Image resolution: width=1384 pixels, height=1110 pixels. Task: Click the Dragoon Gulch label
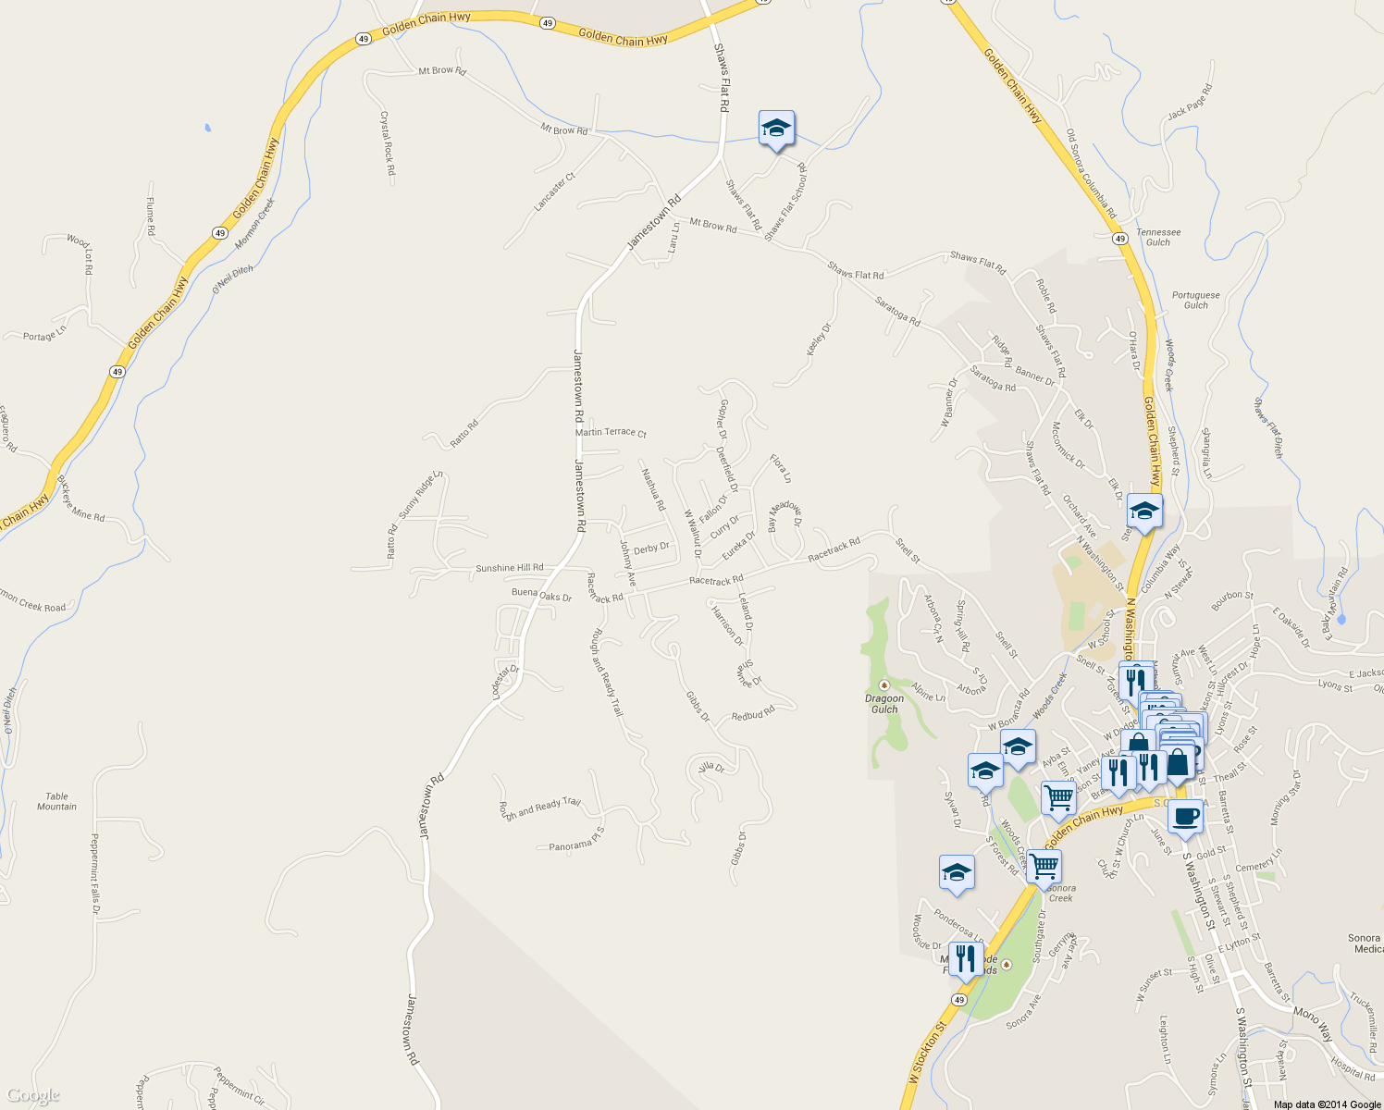(x=884, y=704)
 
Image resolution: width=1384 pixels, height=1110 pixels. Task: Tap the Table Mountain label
(x=56, y=801)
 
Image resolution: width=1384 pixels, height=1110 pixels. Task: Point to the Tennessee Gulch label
(x=1158, y=238)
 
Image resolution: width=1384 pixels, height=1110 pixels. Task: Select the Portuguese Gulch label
(x=1195, y=300)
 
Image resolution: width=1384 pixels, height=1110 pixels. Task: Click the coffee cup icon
(x=1185, y=817)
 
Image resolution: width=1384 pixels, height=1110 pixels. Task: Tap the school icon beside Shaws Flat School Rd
(x=776, y=129)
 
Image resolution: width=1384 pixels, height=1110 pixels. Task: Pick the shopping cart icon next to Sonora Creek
(x=1044, y=867)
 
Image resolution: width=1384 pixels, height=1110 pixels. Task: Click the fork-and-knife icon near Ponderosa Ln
(x=965, y=958)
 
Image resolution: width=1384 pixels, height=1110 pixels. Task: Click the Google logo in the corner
(x=32, y=1096)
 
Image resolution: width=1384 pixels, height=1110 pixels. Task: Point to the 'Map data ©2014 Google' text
(x=1327, y=1104)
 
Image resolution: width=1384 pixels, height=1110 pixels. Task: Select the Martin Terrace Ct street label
(x=611, y=432)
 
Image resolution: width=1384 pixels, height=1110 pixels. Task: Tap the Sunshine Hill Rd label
(x=509, y=568)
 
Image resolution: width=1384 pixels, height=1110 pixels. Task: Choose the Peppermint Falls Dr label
(x=94, y=874)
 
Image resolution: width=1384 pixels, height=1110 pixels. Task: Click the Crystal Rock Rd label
(x=388, y=143)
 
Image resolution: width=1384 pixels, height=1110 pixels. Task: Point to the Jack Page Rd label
(x=1189, y=102)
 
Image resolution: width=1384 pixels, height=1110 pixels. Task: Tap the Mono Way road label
(x=1313, y=1023)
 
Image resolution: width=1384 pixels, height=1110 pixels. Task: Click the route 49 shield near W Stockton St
(x=958, y=1000)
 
